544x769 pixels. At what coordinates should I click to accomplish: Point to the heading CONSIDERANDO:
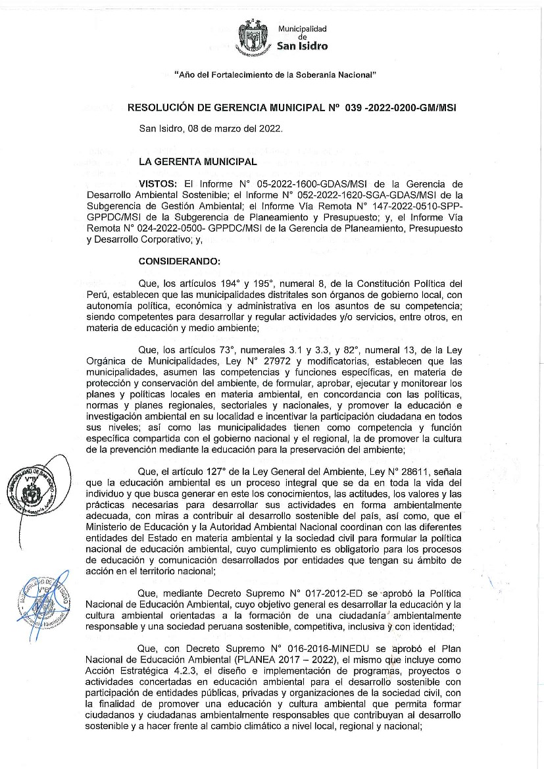click(180, 261)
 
